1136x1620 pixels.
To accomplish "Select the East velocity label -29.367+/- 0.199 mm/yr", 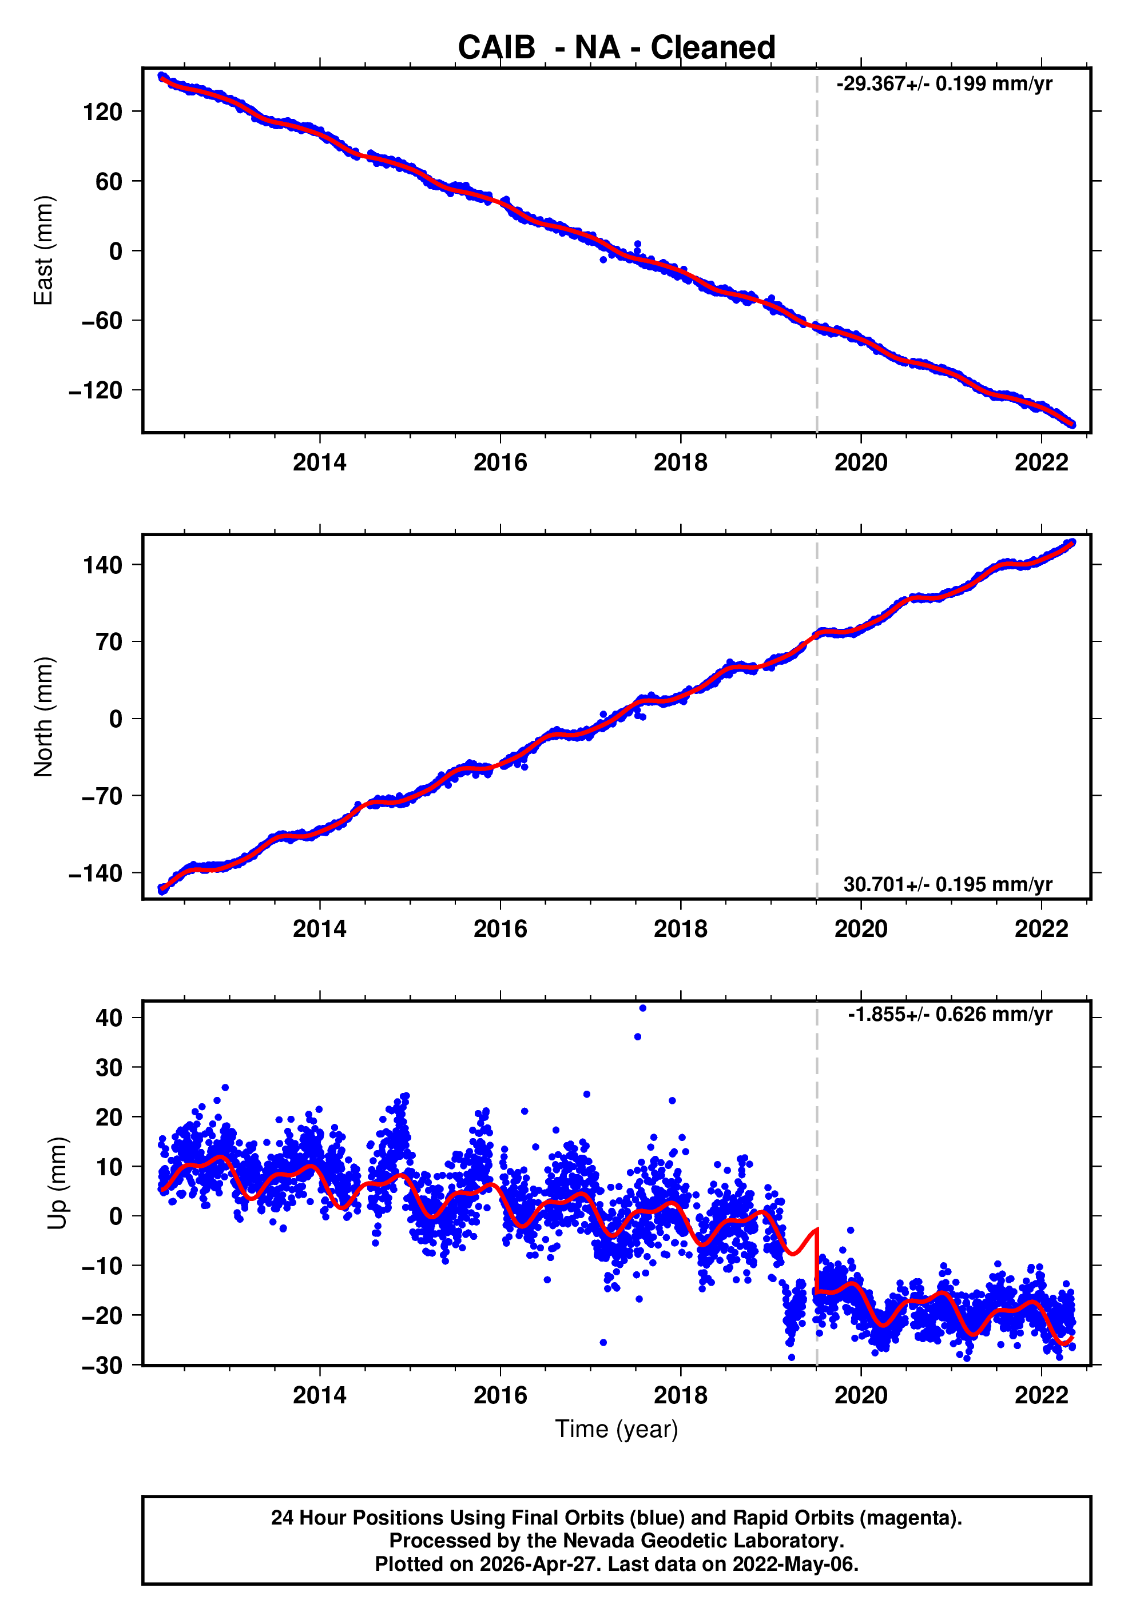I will click(x=943, y=84).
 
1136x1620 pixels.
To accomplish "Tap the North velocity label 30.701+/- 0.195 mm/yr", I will click(x=947, y=884).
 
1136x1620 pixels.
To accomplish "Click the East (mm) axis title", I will click(x=44, y=250).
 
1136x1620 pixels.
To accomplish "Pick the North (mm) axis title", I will click(x=44, y=717).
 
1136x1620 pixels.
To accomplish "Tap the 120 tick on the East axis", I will click(x=102, y=111).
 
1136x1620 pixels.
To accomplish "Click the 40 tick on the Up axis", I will click(x=109, y=1018).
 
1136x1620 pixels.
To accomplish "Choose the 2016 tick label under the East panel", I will click(x=500, y=463).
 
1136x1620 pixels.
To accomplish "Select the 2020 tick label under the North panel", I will click(x=861, y=929).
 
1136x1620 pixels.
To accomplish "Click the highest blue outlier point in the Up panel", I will click(x=642, y=1008).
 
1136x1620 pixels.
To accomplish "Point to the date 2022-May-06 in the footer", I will click(x=795, y=1564).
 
